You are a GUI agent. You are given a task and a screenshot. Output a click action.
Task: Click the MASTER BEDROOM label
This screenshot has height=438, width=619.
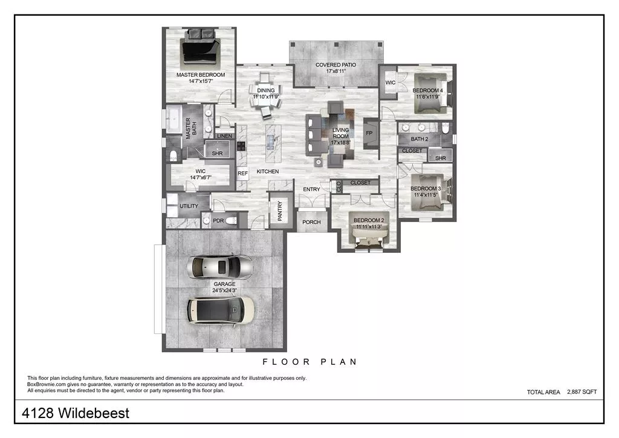click(x=200, y=75)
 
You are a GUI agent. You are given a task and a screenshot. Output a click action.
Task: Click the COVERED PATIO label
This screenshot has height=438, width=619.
click(x=335, y=65)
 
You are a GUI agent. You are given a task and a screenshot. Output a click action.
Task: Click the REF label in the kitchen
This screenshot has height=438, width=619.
click(x=242, y=174)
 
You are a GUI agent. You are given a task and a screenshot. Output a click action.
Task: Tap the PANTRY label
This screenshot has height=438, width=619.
click(x=280, y=212)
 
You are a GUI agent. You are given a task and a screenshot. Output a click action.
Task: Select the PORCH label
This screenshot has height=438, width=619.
click(x=311, y=222)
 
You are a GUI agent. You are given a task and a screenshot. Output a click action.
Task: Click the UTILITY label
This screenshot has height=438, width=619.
click(x=189, y=206)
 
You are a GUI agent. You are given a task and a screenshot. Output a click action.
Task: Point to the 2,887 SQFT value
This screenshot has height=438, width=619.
click(x=582, y=392)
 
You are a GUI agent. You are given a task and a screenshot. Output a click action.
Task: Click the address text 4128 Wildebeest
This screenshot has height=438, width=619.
click(x=76, y=414)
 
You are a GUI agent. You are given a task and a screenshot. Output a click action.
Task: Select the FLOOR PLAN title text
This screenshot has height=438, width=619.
click(x=309, y=362)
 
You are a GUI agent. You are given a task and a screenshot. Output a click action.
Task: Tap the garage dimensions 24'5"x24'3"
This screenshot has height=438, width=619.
click(x=224, y=290)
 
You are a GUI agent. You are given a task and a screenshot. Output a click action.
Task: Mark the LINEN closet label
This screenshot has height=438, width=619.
click(x=224, y=136)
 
